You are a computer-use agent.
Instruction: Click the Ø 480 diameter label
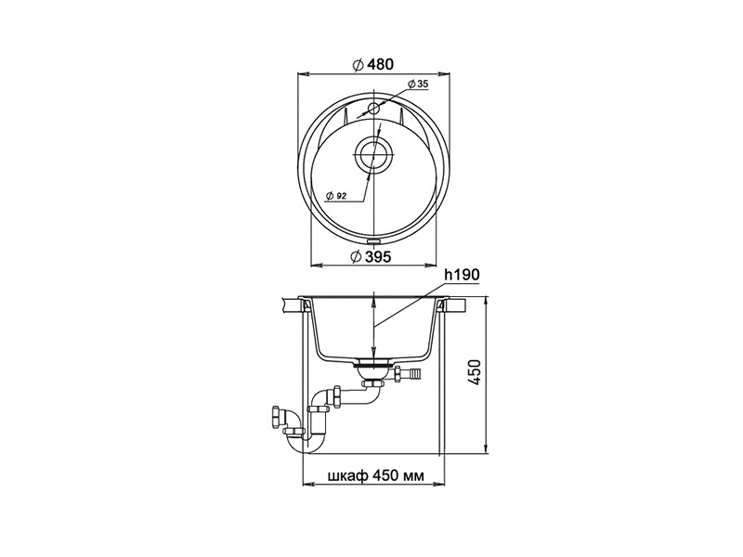pyautogui.click(x=373, y=64)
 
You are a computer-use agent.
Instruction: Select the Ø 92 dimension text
pyautogui.click(x=336, y=196)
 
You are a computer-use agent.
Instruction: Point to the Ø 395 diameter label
pyautogui.click(x=371, y=257)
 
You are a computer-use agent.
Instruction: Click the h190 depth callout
pyautogui.click(x=462, y=275)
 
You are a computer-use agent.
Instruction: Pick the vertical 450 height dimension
pyautogui.click(x=476, y=372)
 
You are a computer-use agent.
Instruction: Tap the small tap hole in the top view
pyautogui.click(x=373, y=109)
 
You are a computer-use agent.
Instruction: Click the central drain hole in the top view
pyautogui.click(x=373, y=154)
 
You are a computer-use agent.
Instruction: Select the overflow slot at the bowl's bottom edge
pyautogui.click(x=373, y=240)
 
